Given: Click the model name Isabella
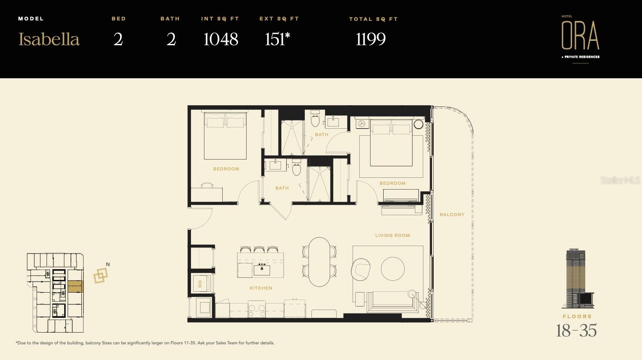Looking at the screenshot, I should click(49, 40).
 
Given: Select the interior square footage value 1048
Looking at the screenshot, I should click(221, 40).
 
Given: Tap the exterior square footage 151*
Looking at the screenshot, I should click(277, 40).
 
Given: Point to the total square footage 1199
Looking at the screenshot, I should click(371, 40).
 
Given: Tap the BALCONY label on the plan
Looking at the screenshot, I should click(452, 215).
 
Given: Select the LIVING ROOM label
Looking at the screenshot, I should click(392, 236).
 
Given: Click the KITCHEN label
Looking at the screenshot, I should click(261, 288).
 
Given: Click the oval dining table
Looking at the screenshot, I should click(320, 262).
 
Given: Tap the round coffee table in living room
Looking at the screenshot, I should click(393, 269).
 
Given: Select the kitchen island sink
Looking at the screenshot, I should click(262, 270).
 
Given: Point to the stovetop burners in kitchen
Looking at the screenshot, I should click(257, 309).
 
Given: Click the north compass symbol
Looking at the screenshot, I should click(101, 275).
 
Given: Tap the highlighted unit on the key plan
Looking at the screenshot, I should click(74, 287).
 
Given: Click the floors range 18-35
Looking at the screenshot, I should click(576, 331).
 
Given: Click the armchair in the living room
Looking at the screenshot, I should click(361, 269).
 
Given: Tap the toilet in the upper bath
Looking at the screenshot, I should click(315, 120).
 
